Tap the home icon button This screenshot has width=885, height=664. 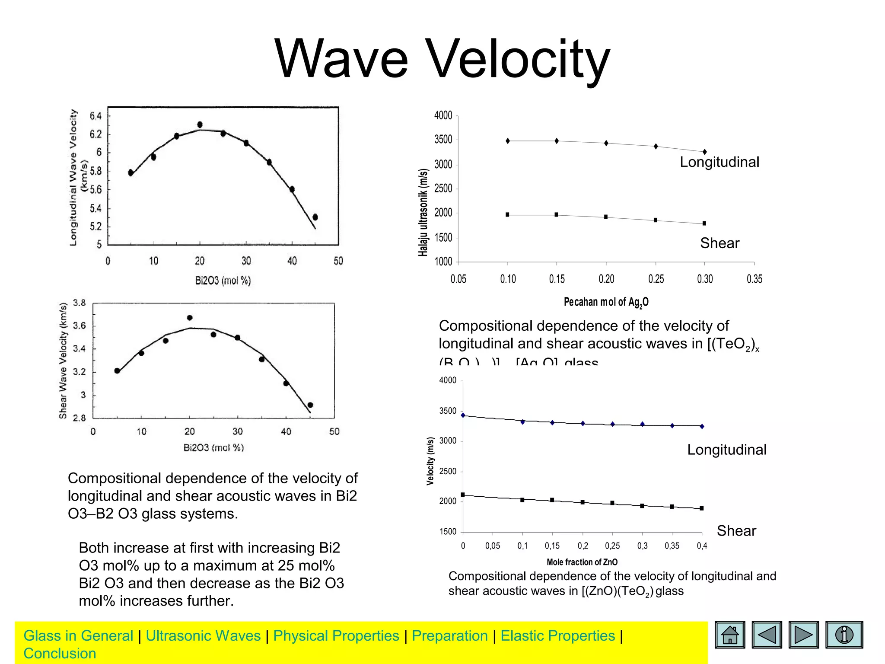pyautogui.click(x=730, y=635)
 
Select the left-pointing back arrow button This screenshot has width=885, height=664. pyautogui.click(x=767, y=635)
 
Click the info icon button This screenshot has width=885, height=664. pyautogui.click(x=844, y=635)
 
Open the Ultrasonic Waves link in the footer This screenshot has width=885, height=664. pyautogui.click(x=203, y=636)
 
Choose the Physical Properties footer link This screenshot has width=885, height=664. pyautogui.click(x=336, y=636)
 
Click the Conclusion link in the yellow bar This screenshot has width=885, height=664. pyautogui.click(x=60, y=654)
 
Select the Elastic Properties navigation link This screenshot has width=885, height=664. pyautogui.click(x=557, y=636)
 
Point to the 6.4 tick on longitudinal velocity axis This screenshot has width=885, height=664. pyautogui.click(x=96, y=116)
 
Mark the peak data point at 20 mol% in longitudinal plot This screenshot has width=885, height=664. pyautogui.click(x=200, y=124)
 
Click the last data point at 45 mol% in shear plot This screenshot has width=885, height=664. pyautogui.click(x=310, y=405)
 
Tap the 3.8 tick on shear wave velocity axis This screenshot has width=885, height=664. pyautogui.click(x=80, y=303)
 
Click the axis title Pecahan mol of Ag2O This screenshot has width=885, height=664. pyautogui.click(x=606, y=302)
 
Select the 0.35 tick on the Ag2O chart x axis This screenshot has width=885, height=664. pyautogui.click(x=754, y=279)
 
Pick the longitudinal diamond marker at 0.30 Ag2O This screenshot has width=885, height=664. pyautogui.click(x=705, y=152)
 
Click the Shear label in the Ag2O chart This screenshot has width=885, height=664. pyautogui.click(x=719, y=243)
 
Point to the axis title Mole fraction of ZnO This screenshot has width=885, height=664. pyautogui.click(x=582, y=562)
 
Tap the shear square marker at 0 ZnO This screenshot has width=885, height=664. pyautogui.click(x=463, y=495)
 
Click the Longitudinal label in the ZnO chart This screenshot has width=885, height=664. pyautogui.click(x=727, y=450)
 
